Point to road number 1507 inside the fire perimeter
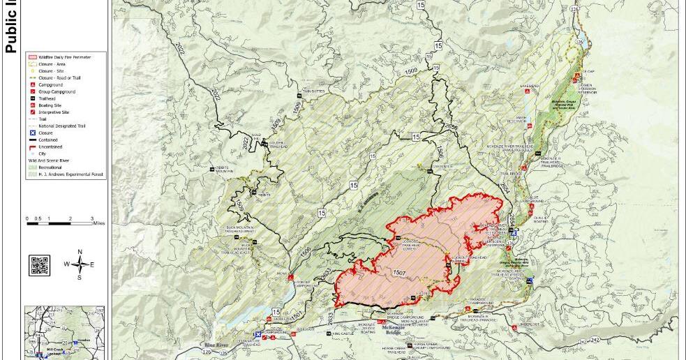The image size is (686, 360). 399,271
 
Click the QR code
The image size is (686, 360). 39,266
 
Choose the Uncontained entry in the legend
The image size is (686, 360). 51,147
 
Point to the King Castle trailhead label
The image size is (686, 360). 343,334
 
